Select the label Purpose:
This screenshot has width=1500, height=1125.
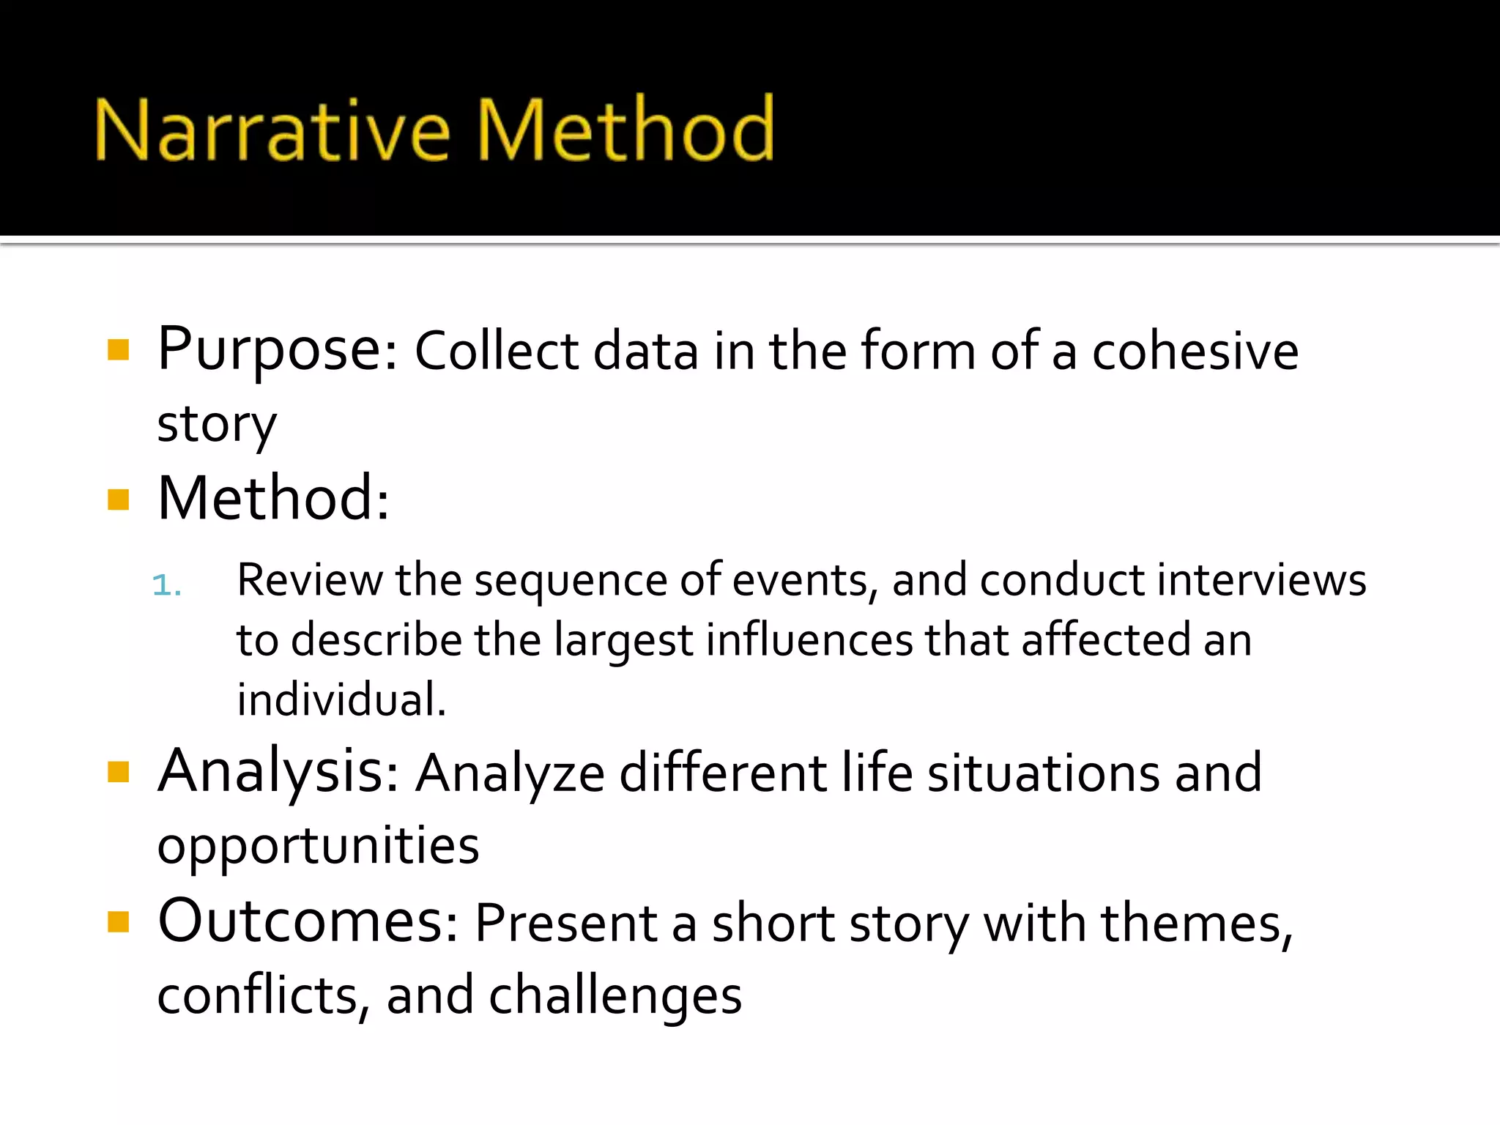278,349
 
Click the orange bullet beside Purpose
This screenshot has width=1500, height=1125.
118,349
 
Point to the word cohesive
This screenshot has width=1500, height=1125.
1195,351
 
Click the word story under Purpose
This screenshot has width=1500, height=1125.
217,425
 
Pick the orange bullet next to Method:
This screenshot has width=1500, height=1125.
118,500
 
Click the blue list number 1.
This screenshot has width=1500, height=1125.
166,585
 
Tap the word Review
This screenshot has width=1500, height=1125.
309,580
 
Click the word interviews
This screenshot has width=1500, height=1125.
1261,580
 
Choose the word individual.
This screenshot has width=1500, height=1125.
341,699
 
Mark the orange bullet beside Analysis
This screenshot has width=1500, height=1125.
118,772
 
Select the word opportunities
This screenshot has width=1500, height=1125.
318,847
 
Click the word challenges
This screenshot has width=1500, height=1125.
615,996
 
